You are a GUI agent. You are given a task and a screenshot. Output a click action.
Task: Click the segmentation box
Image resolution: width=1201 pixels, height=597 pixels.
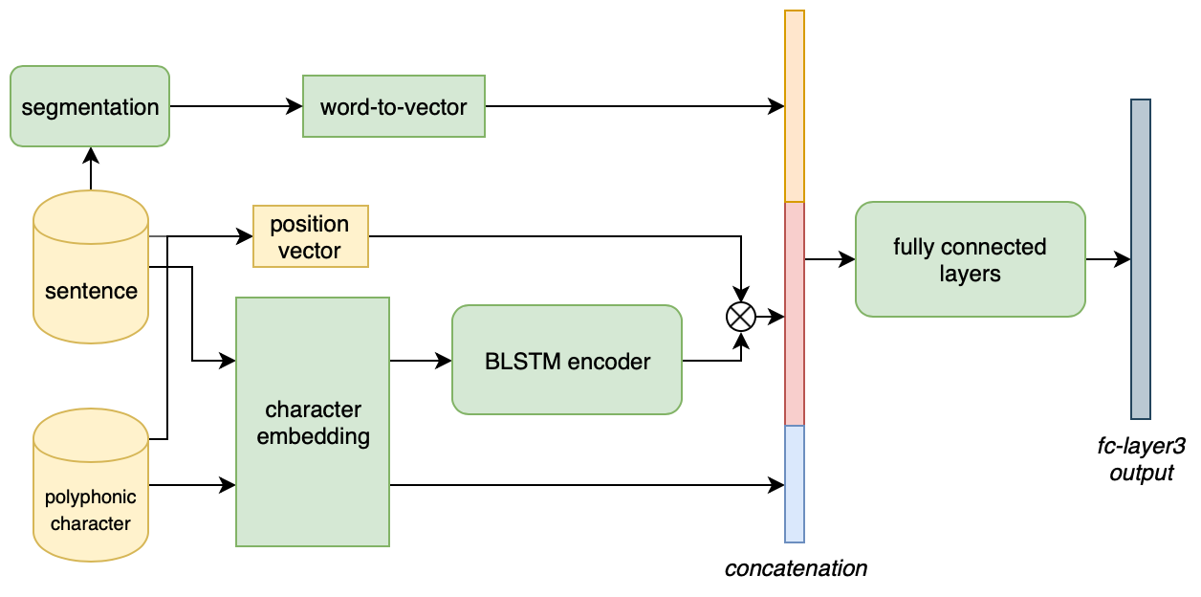pos(90,106)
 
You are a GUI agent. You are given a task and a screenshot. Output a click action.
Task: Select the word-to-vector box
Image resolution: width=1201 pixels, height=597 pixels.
pos(393,106)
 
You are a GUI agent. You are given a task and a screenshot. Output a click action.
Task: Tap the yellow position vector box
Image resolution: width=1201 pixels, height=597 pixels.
pos(310,236)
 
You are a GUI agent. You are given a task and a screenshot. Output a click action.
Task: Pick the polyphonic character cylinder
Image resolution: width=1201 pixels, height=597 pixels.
pos(91,484)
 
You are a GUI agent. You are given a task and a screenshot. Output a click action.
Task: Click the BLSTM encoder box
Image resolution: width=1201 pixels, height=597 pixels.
pos(566,360)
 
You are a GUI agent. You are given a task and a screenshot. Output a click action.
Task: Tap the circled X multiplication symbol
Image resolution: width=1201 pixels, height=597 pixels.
pos(741,317)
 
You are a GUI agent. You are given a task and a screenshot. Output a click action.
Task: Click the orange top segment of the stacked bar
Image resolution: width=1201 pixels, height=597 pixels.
pos(794,106)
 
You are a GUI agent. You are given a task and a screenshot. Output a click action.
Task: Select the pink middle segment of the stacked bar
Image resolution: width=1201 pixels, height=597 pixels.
pos(794,314)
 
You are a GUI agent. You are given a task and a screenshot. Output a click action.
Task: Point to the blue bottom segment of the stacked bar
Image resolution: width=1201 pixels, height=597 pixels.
pos(794,484)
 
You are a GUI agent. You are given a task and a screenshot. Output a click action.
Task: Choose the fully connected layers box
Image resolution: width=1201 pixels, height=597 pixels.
pos(970,259)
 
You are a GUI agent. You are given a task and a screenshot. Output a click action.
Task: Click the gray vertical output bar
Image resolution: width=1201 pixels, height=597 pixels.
pos(1140,259)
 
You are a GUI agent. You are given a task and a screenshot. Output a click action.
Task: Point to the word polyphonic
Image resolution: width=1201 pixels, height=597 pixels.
pos(91,497)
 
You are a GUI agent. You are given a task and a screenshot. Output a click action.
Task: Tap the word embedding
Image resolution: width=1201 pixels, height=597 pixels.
pos(313,437)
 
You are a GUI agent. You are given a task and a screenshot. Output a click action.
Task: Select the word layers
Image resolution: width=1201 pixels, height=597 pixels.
pos(970,274)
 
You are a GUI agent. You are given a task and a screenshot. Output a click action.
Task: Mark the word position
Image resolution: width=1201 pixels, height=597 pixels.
pos(310,224)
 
